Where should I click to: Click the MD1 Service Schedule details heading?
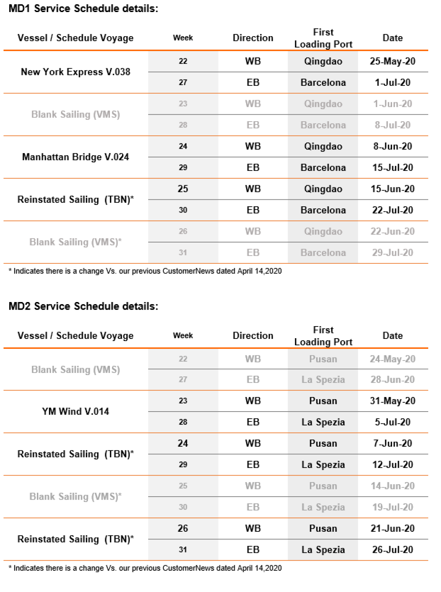pos(83,9)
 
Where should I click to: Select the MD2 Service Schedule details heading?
pos(83,306)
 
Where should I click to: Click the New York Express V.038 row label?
pos(75,72)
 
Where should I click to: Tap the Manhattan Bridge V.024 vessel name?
pos(75,157)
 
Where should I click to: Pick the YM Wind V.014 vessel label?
pos(75,412)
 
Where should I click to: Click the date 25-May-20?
pos(392,61)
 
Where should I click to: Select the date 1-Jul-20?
pos(392,83)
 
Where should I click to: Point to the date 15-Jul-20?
pos(392,168)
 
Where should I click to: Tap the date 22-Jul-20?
pos(392,210)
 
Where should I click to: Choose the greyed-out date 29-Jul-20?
pos(392,253)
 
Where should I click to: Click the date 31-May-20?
pos(392,401)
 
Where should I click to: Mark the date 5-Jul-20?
pos(392,422)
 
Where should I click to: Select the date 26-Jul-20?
pos(392,550)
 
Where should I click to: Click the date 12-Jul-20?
pos(392,465)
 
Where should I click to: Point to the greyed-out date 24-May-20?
pos(392,359)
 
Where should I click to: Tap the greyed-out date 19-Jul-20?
pos(392,507)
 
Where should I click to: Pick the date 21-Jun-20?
pos(392,529)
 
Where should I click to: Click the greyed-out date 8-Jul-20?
pos(392,125)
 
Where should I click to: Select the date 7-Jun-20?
pos(392,444)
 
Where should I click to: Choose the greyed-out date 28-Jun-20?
pos(392,380)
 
